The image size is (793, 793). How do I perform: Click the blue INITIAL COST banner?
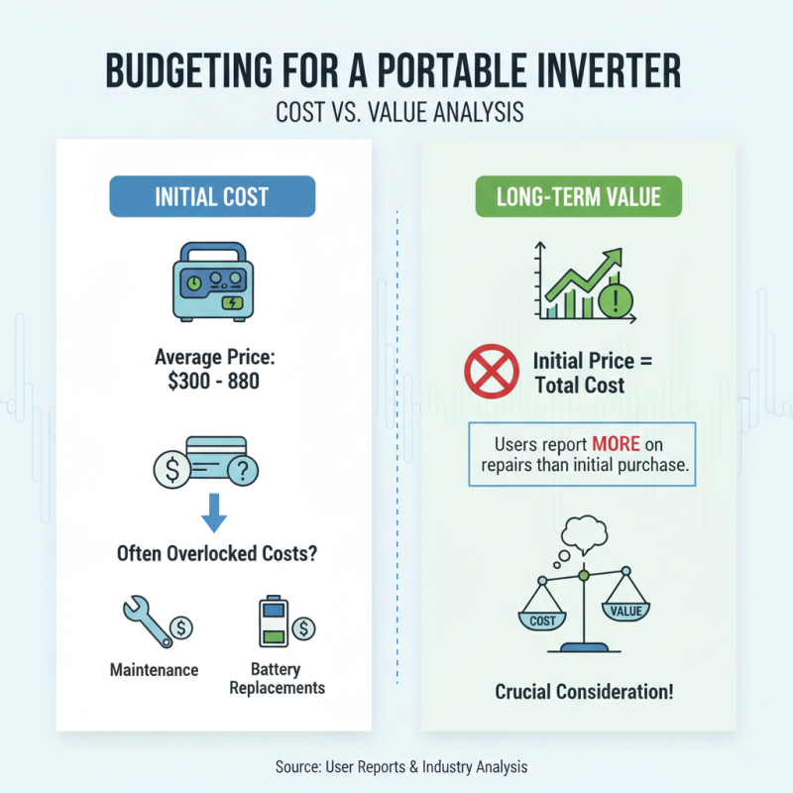click(x=211, y=196)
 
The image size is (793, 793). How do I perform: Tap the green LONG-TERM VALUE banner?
click(x=580, y=196)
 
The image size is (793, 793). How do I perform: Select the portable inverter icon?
click(x=211, y=284)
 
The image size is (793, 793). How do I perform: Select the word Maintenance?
click(x=154, y=669)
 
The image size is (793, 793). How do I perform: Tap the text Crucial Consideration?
click(x=584, y=691)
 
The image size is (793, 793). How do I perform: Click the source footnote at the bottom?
click(x=396, y=766)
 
